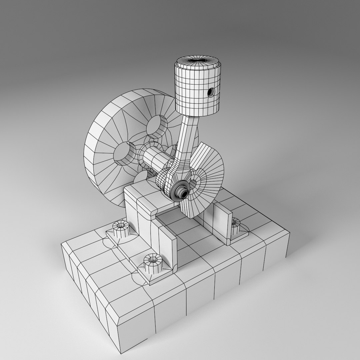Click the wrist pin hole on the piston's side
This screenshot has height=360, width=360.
[x=210, y=92]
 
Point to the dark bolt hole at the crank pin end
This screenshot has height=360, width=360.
[x=182, y=193]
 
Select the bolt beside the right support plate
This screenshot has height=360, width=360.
[x=236, y=224]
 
